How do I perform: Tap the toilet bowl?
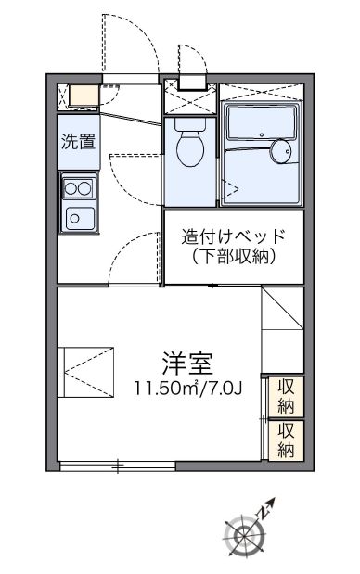190,148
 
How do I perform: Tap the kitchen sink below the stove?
76,218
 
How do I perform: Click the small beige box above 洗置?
80,94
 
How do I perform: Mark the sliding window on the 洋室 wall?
118,465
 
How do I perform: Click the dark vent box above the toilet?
193,82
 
